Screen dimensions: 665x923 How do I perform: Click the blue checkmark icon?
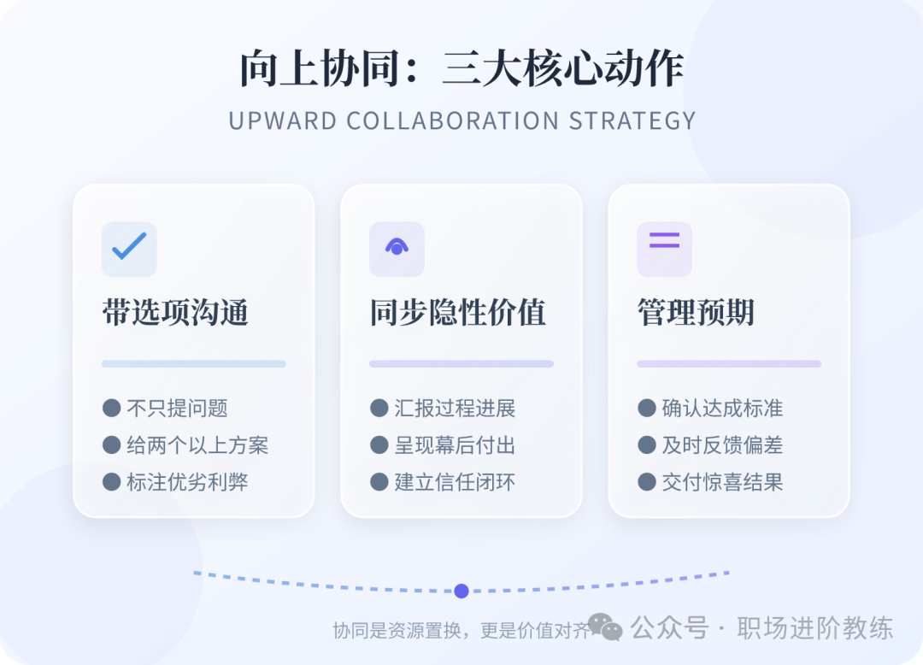pyautogui.click(x=129, y=247)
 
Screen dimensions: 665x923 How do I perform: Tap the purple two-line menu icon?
pyautogui.click(x=664, y=240)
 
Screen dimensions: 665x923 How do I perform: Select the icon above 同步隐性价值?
pyautogui.click(x=397, y=248)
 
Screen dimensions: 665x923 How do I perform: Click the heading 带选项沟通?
pyautogui.click(x=175, y=313)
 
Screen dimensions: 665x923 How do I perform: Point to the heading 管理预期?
pyautogui.click(x=696, y=313)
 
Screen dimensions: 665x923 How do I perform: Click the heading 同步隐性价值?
pyautogui.click(x=457, y=313)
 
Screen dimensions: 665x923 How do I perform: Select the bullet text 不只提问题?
pyautogui.click(x=177, y=409)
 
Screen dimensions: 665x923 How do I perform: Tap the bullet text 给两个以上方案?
pyautogui.click(x=197, y=445)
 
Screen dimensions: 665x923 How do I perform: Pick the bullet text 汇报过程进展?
pyautogui.click(x=455, y=409)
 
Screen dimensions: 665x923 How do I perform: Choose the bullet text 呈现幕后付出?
pyautogui.click(x=455, y=445)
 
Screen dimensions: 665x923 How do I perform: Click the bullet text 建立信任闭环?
pyautogui.click(x=455, y=482)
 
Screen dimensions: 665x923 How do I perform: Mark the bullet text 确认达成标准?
pyautogui.click(x=722, y=409)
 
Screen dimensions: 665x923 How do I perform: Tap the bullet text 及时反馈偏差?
pyautogui.click(x=722, y=445)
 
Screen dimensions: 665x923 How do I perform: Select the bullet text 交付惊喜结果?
pyautogui.click(x=722, y=482)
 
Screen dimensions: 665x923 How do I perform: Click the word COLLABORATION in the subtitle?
pyautogui.click(x=453, y=121)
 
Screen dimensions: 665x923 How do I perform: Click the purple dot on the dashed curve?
pyautogui.click(x=461, y=591)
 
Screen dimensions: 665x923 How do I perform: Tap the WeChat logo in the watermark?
pyautogui.click(x=605, y=628)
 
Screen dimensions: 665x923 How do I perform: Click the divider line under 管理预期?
pyautogui.click(x=728, y=364)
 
